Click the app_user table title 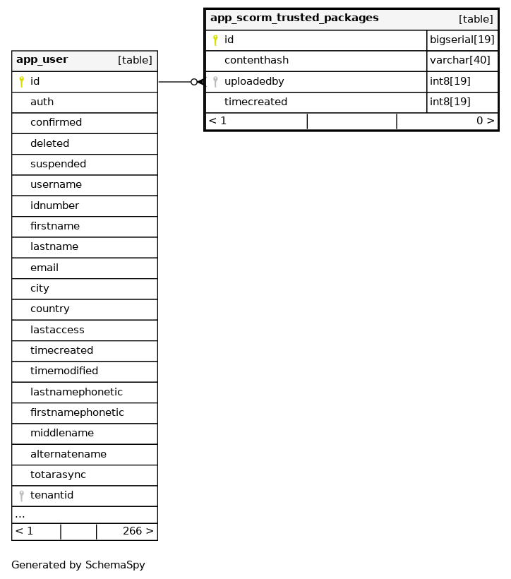(42, 60)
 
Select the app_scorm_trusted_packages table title (294, 18)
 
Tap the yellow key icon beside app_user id (22, 81)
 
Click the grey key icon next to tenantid (22, 496)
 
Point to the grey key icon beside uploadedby (215, 82)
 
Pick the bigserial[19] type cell (462, 40)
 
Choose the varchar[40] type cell (459, 61)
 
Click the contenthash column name (256, 61)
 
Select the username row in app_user (56, 185)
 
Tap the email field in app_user (44, 268)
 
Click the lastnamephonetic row (76, 393)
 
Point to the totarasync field (58, 475)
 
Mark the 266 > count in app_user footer (138, 532)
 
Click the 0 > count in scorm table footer (485, 121)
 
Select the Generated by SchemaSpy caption (78, 566)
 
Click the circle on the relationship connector (194, 82)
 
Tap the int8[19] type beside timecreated (450, 102)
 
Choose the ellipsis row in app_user (20, 515)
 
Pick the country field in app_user (49, 309)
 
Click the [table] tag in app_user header (135, 61)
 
